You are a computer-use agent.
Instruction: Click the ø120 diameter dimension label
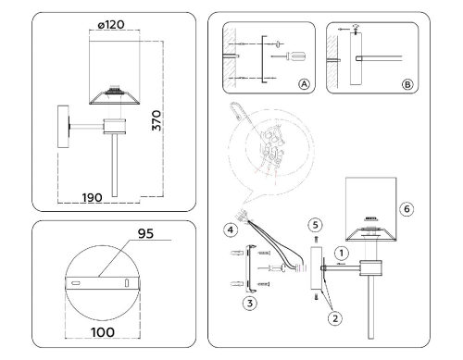pos(111,25)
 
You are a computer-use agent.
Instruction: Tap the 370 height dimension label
pos(156,120)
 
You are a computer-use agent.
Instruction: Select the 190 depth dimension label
pos(92,198)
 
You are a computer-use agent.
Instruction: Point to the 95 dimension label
pos(145,233)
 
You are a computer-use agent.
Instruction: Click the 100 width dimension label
pos(103,332)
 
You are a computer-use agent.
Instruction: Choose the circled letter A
pos(304,84)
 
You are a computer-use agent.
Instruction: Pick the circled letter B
pos(407,84)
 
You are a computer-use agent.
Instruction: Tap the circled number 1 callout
pos(342,254)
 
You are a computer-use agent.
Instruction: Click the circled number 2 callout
pos(335,318)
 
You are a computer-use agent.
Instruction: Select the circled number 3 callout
pos(250,303)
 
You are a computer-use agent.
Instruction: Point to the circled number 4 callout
pos(231,230)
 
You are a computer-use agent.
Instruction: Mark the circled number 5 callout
pos(315,225)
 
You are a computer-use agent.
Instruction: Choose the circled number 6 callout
pos(407,209)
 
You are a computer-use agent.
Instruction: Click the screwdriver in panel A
pos(289,56)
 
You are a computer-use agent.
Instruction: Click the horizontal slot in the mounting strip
pos(76,283)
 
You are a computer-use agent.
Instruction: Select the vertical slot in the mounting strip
pos(127,283)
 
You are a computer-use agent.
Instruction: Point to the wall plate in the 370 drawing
pos(63,127)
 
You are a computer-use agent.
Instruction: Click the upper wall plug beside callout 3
pos(237,254)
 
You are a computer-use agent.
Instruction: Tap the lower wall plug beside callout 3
pos(237,284)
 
